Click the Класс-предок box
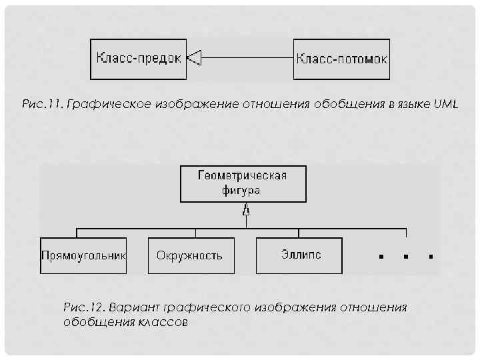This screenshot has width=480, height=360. tap(138, 59)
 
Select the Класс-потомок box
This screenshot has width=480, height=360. tap(341, 59)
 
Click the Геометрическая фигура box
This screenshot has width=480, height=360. tap(243, 183)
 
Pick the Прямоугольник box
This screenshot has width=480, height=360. tap(83, 255)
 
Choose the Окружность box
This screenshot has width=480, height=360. tap(191, 255)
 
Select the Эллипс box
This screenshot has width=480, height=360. tap(298, 255)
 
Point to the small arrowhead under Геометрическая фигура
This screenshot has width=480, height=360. tap(246, 211)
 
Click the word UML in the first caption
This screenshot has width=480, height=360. tap(445, 105)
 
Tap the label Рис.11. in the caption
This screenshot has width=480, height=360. tap(43, 105)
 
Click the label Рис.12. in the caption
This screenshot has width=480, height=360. tap(83, 307)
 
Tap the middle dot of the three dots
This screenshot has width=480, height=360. tap(405, 255)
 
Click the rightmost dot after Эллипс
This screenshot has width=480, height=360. tap(431, 255)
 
